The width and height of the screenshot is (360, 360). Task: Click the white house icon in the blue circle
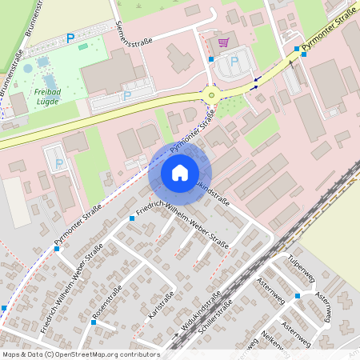(x=179, y=172)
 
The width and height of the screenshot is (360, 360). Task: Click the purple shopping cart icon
(x=223, y=42)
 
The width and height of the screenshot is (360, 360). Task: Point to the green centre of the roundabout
(x=211, y=95)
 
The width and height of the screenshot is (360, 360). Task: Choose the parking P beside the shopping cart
(x=234, y=61)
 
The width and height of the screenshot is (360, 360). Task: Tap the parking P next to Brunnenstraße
(x=70, y=37)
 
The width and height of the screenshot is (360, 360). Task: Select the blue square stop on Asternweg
(x=297, y=296)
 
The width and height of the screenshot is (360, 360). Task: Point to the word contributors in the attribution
(x=139, y=354)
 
